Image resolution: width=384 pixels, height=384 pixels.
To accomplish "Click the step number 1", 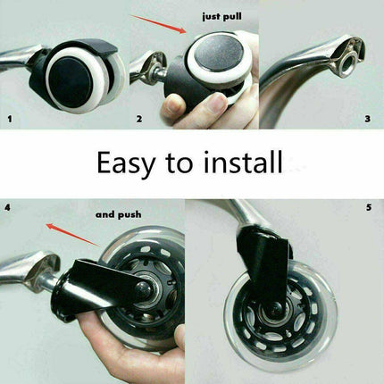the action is point(11,120).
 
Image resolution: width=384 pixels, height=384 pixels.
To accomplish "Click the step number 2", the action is point(139,119).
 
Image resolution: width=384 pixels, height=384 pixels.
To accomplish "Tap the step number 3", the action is point(368,119).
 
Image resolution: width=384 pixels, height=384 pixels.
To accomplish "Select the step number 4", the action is point(7,207).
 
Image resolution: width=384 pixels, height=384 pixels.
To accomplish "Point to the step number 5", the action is point(369,207).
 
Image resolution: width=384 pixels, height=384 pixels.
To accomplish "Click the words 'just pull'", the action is point(221,16).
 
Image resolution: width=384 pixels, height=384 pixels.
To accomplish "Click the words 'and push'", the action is point(119,214).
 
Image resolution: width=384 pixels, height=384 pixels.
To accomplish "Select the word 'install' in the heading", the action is point(243,162).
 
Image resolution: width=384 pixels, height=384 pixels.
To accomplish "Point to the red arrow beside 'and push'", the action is point(73,235).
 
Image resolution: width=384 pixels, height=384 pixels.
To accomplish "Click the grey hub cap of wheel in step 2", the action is point(219,54).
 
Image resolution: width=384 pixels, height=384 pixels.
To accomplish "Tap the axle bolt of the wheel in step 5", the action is point(276,311).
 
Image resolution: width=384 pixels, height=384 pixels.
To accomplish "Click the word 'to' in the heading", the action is point(179,163).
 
